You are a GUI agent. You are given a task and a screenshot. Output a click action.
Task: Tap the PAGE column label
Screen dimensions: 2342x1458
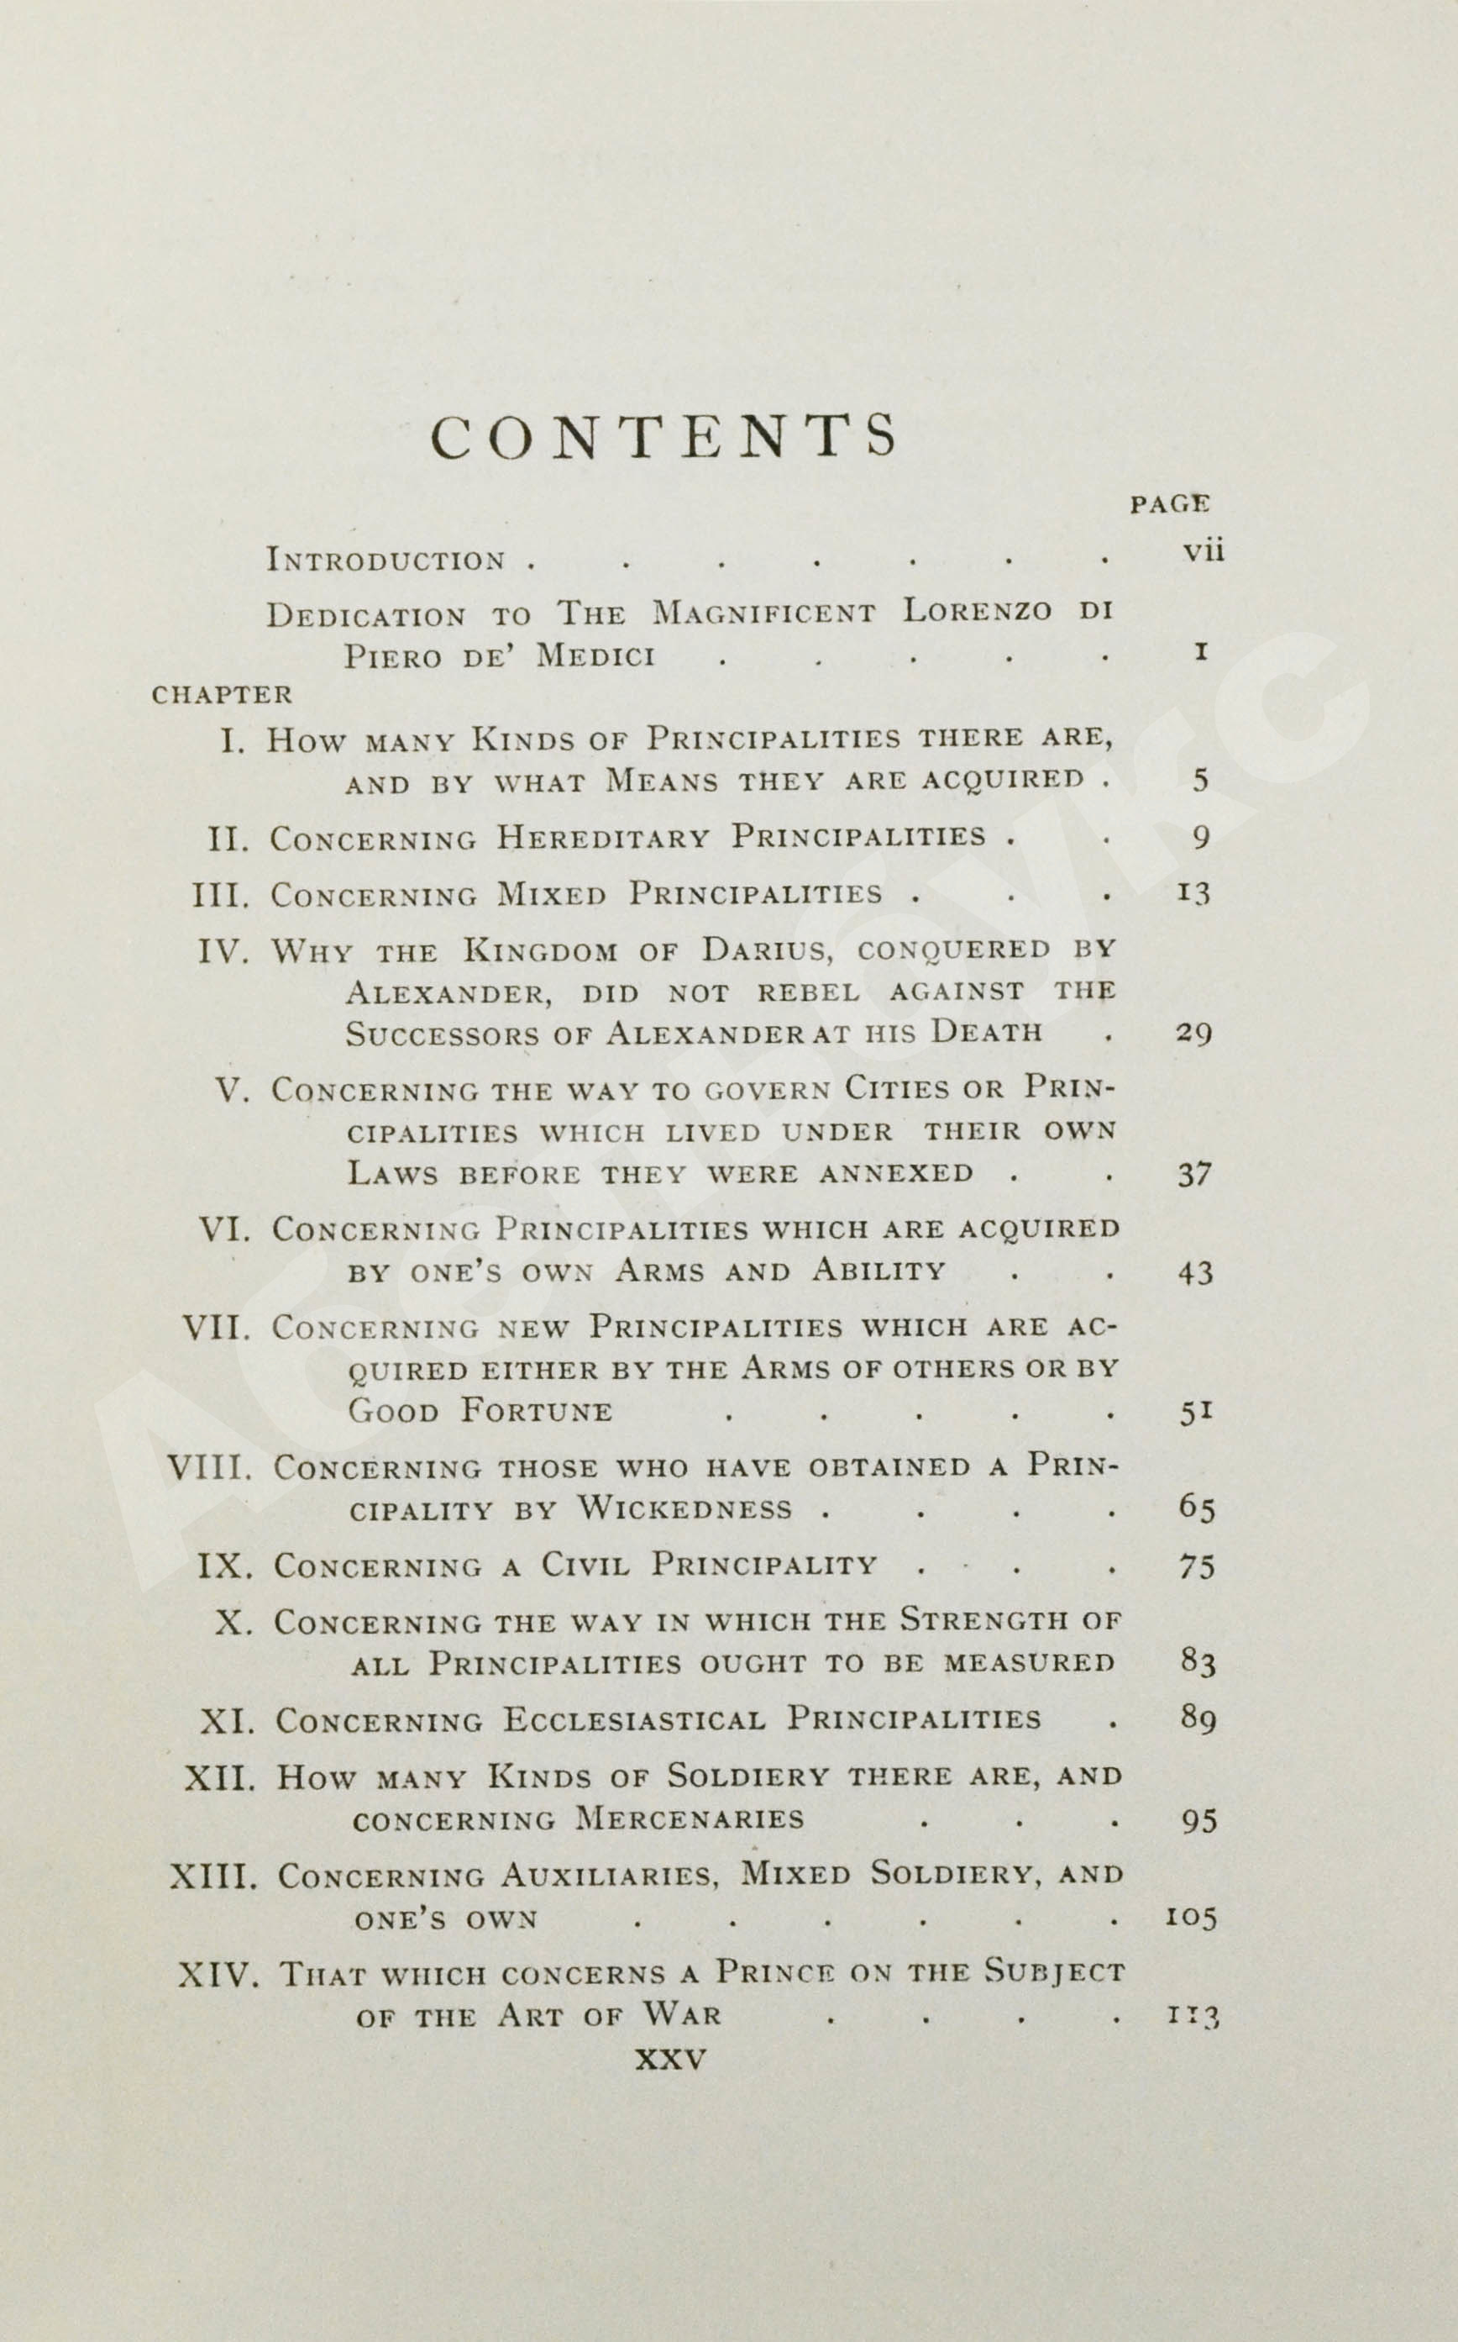[1170, 503]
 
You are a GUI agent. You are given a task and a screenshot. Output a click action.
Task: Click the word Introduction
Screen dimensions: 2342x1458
[385, 560]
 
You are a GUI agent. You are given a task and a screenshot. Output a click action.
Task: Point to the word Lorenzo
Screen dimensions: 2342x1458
[977, 613]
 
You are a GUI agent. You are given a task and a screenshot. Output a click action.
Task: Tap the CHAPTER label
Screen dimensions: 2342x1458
[222, 694]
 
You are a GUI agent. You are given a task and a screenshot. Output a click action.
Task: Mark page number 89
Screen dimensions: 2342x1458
[1198, 1718]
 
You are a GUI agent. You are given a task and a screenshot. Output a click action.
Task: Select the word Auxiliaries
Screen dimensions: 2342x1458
[610, 1874]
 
